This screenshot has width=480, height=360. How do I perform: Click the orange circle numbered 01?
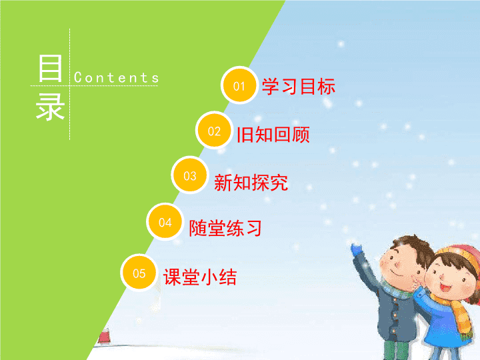[239, 85]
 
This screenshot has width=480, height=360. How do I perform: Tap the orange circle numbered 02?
[214, 131]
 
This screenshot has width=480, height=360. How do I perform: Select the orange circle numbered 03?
[190, 175]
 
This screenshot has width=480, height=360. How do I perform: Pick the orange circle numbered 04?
[165, 221]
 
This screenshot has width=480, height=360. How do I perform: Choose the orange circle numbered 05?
[139, 273]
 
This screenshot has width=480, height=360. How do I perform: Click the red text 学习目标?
[299, 86]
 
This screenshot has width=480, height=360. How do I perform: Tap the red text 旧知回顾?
[273, 135]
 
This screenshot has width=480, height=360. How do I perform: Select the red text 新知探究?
[251, 183]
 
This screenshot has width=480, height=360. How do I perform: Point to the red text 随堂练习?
[225, 228]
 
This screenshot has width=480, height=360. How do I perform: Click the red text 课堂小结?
[200, 277]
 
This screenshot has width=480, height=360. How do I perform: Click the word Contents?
[116, 77]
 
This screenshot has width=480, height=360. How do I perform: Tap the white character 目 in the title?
[50, 68]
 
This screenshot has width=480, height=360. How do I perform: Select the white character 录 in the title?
[50, 107]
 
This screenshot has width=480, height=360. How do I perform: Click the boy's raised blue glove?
[356, 249]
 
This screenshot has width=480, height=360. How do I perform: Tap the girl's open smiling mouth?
[445, 288]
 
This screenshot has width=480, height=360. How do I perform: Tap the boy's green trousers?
[394, 350]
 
